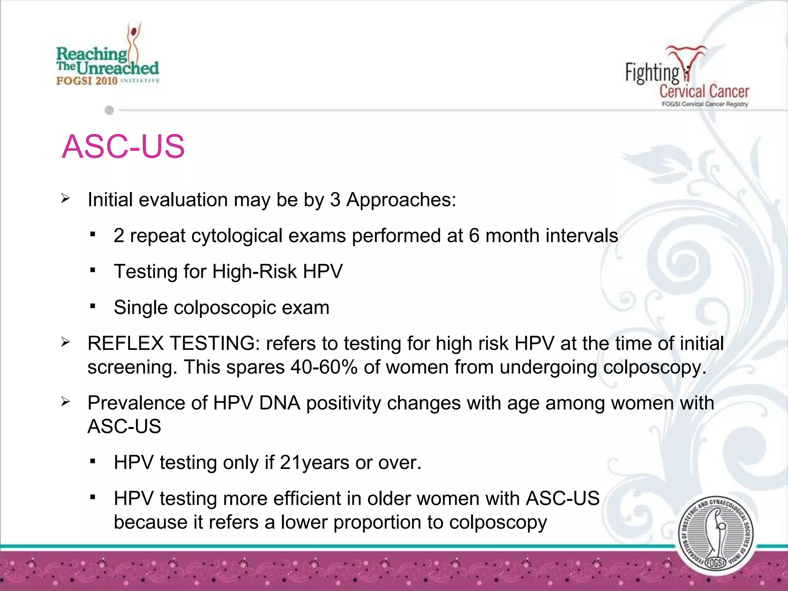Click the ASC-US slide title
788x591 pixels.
point(123,147)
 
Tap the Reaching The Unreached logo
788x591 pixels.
point(108,58)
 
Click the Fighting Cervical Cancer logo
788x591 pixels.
point(687,77)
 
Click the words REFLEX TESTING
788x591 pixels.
point(171,343)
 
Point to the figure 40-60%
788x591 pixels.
point(324,367)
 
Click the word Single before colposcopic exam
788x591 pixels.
point(141,307)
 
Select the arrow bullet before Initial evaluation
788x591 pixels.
point(65,199)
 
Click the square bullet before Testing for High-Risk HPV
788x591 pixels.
point(92,270)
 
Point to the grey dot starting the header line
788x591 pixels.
point(109,110)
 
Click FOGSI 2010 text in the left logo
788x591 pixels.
point(87,81)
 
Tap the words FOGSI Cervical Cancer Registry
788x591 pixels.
point(705,104)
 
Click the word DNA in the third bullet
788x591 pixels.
point(280,403)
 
